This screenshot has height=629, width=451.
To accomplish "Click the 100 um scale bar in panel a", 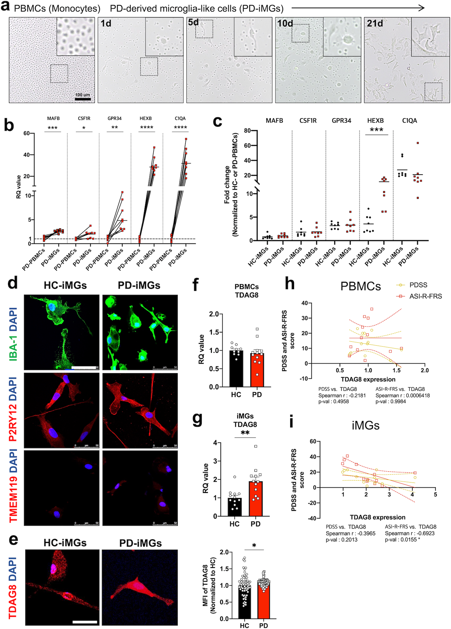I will (x=83, y=99).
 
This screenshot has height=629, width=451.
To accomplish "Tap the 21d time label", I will (x=375, y=23).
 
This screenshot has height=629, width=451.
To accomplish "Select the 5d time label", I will (x=193, y=22).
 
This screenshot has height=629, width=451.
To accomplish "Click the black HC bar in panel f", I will (x=236, y=369).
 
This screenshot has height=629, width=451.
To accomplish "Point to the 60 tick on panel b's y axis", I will (x=27, y=133).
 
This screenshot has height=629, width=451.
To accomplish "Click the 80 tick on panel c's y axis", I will (x=247, y=131).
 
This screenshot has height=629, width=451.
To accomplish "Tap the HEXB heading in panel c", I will (x=375, y=121).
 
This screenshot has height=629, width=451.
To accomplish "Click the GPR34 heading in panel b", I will (x=115, y=118).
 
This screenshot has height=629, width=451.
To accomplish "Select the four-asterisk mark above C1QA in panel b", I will (x=180, y=128).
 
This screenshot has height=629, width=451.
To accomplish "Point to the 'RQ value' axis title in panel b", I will (x=19, y=187).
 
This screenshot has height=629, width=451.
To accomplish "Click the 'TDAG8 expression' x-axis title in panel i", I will (x=377, y=517).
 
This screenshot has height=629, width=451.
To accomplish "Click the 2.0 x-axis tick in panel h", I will (x=424, y=370).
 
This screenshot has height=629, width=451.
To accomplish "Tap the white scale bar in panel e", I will (x=85, y=622).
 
